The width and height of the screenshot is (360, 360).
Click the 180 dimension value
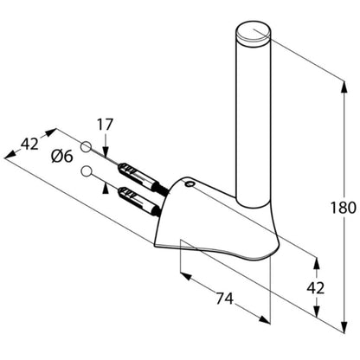(343, 208)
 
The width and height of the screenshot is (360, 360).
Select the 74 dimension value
(224, 299)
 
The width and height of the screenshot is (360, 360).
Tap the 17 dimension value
(105, 125)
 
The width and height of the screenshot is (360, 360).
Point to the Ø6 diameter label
(62, 157)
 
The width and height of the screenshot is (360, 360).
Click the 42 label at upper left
(29, 144)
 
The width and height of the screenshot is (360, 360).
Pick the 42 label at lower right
(316, 287)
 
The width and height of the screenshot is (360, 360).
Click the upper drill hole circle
(86, 146)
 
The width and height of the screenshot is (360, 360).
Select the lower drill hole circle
(86, 171)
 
